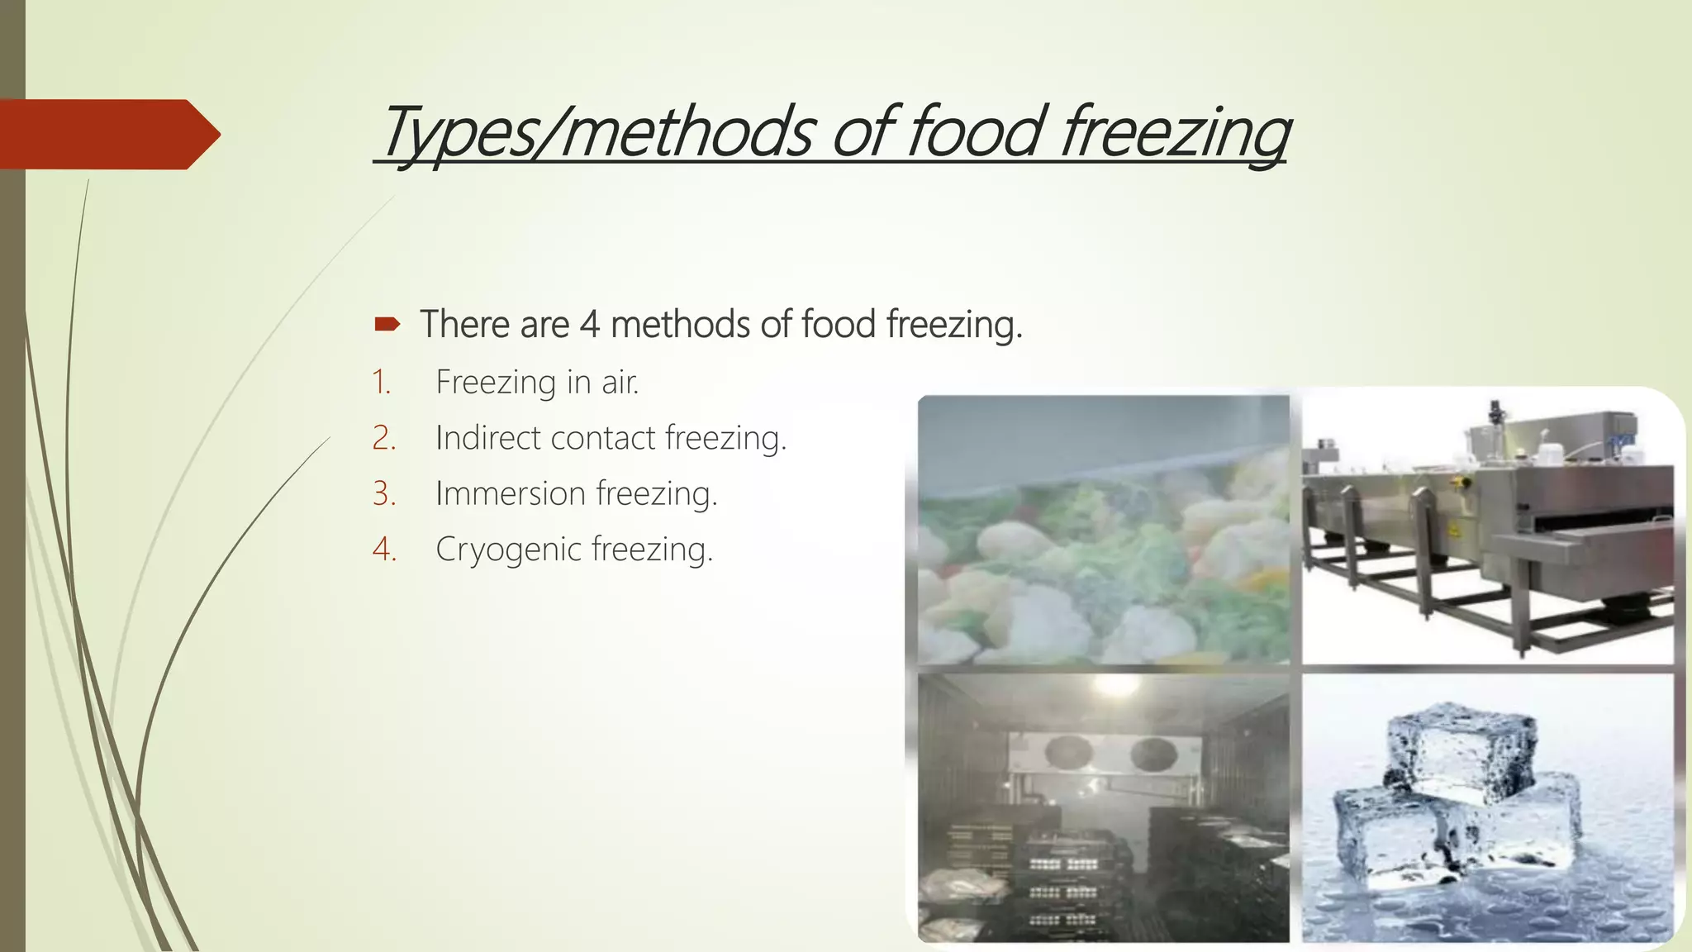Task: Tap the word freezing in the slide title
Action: [1175, 132]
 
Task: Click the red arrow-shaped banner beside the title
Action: [107, 134]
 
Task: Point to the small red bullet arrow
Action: [387, 324]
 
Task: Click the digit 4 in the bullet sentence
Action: [589, 324]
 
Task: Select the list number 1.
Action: [381, 383]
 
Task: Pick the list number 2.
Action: [384, 438]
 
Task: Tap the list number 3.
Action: [384, 493]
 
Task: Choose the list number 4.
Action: [384, 549]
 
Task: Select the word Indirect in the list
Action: [487, 438]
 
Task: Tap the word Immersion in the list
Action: [510, 493]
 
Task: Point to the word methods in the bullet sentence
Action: [679, 324]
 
